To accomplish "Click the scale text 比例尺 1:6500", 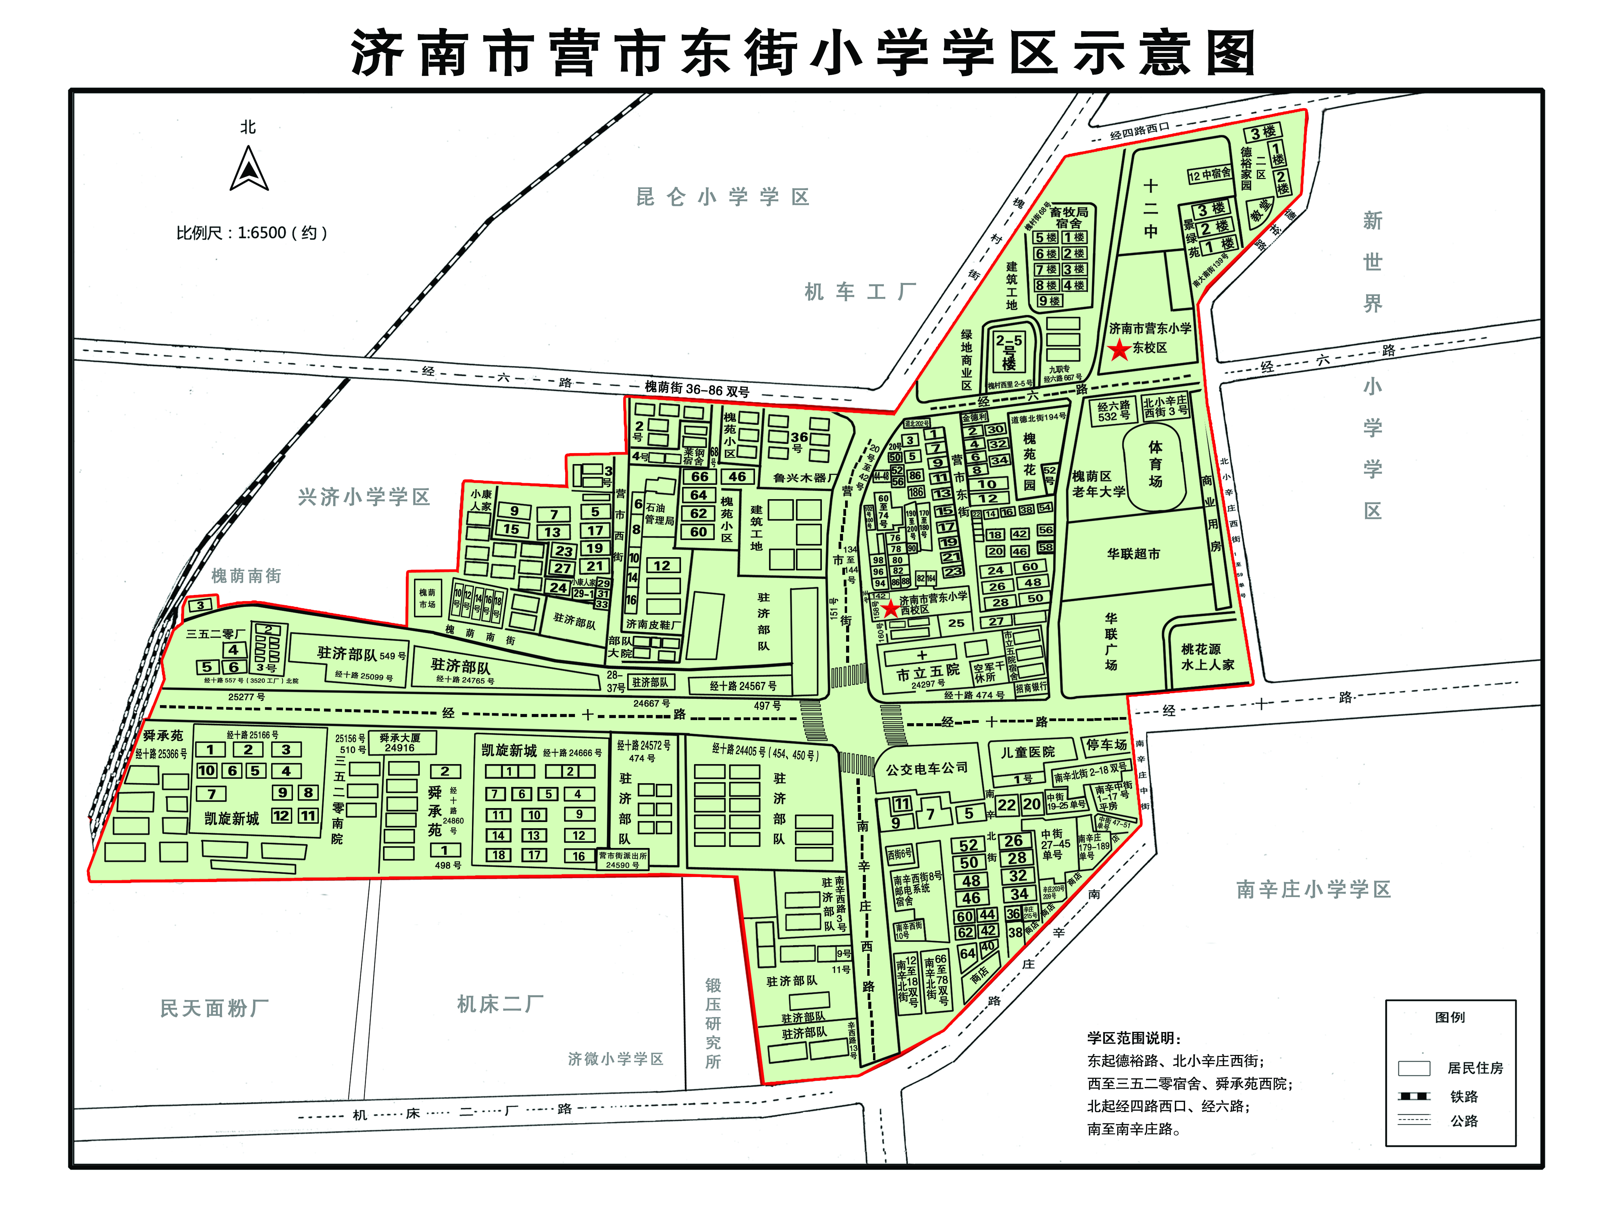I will pyautogui.click(x=251, y=233).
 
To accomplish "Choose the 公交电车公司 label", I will pyautogui.click(x=927, y=768).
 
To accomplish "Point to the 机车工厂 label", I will pyautogui.click(x=859, y=292).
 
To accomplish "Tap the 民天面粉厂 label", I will pyautogui.click(x=214, y=1009).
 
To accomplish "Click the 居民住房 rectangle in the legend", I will pyautogui.click(x=1414, y=1068).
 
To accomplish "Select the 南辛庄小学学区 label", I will pyautogui.click(x=1313, y=889).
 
